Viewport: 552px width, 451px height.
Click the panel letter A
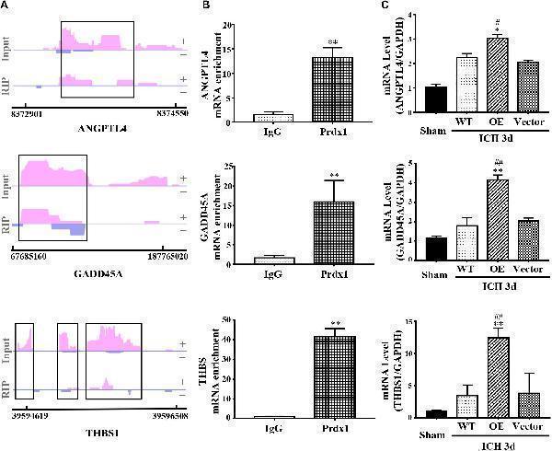pyautogui.click(x=6, y=6)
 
